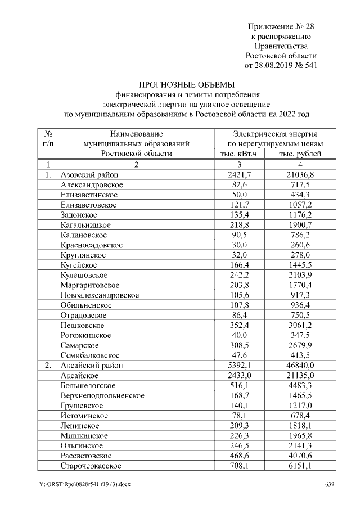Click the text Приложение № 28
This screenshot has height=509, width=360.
tap(282, 26)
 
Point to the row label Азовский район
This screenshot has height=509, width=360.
tap(89, 175)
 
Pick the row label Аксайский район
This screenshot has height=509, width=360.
tap(92, 366)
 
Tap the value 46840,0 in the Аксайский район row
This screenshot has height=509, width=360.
tap(300, 366)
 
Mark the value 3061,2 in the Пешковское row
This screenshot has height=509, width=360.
tap(300, 325)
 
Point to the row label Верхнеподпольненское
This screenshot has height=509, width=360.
tap(102, 395)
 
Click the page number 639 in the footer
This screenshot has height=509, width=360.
tap(330, 484)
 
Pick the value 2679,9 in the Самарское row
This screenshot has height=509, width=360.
tap(300, 345)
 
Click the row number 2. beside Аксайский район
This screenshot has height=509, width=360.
tap(48, 366)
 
